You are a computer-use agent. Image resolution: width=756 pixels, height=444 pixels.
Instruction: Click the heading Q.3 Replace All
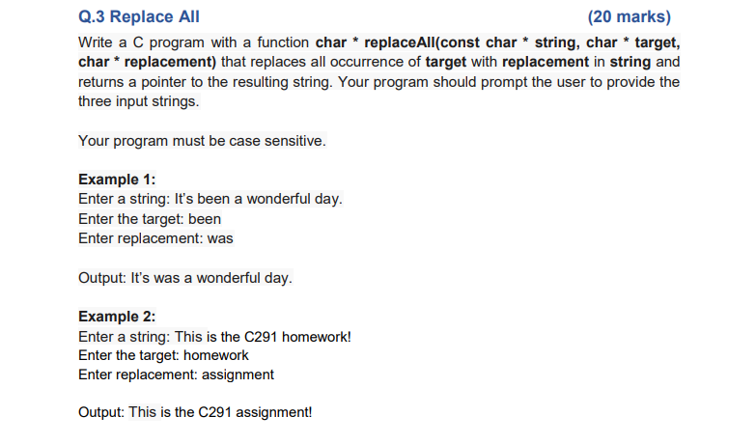pos(139,16)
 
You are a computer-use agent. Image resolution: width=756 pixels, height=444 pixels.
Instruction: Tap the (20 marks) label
pos(629,16)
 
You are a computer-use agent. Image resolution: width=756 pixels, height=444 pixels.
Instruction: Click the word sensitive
pos(296,141)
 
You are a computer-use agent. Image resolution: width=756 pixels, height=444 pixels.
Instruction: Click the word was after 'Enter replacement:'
pos(220,237)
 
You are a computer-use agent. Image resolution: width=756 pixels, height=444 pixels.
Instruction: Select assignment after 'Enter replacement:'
pos(240,375)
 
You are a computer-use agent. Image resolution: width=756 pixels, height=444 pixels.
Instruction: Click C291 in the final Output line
pos(217,413)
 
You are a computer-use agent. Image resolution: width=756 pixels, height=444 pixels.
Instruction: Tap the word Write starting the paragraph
pos(97,43)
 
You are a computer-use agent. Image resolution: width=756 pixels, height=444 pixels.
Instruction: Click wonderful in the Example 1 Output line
pos(226,278)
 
